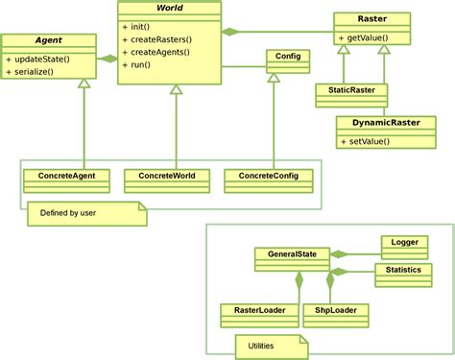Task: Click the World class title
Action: point(169,8)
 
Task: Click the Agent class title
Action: point(49,41)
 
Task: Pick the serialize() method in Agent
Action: point(37,73)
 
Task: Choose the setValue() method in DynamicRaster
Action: point(366,141)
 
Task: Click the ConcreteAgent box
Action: point(66,177)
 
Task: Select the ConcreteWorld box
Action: point(167,177)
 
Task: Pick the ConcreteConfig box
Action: point(268,177)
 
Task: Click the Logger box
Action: point(404,243)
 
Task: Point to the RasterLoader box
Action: point(252,310)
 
